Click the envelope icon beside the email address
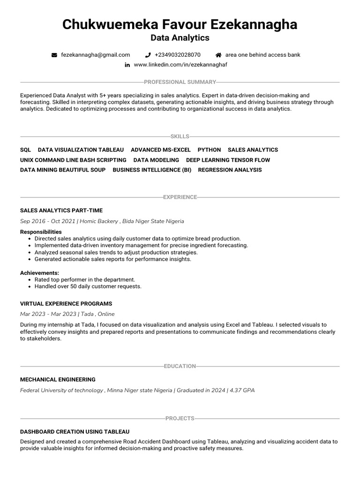(54, 55)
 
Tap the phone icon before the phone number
(148, 55)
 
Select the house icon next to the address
(218, 55)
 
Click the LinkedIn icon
(127, 65)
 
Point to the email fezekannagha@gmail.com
(96, 55)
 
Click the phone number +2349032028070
(177, 55)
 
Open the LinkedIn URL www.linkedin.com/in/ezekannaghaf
(180, 65)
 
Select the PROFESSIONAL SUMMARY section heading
(180, 82)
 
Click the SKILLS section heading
(180, 136)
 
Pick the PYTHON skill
(209, 150)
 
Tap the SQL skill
(25, 150)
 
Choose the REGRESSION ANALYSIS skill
(230, 170)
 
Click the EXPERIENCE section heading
(180, 197)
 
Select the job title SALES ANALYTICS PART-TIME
(61, 210)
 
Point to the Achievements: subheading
(39, 273)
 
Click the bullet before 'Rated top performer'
(30, 280)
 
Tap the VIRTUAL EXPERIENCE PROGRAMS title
(66, 304)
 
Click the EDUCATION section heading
(180, 366)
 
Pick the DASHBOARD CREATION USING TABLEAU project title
(75, 431)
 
